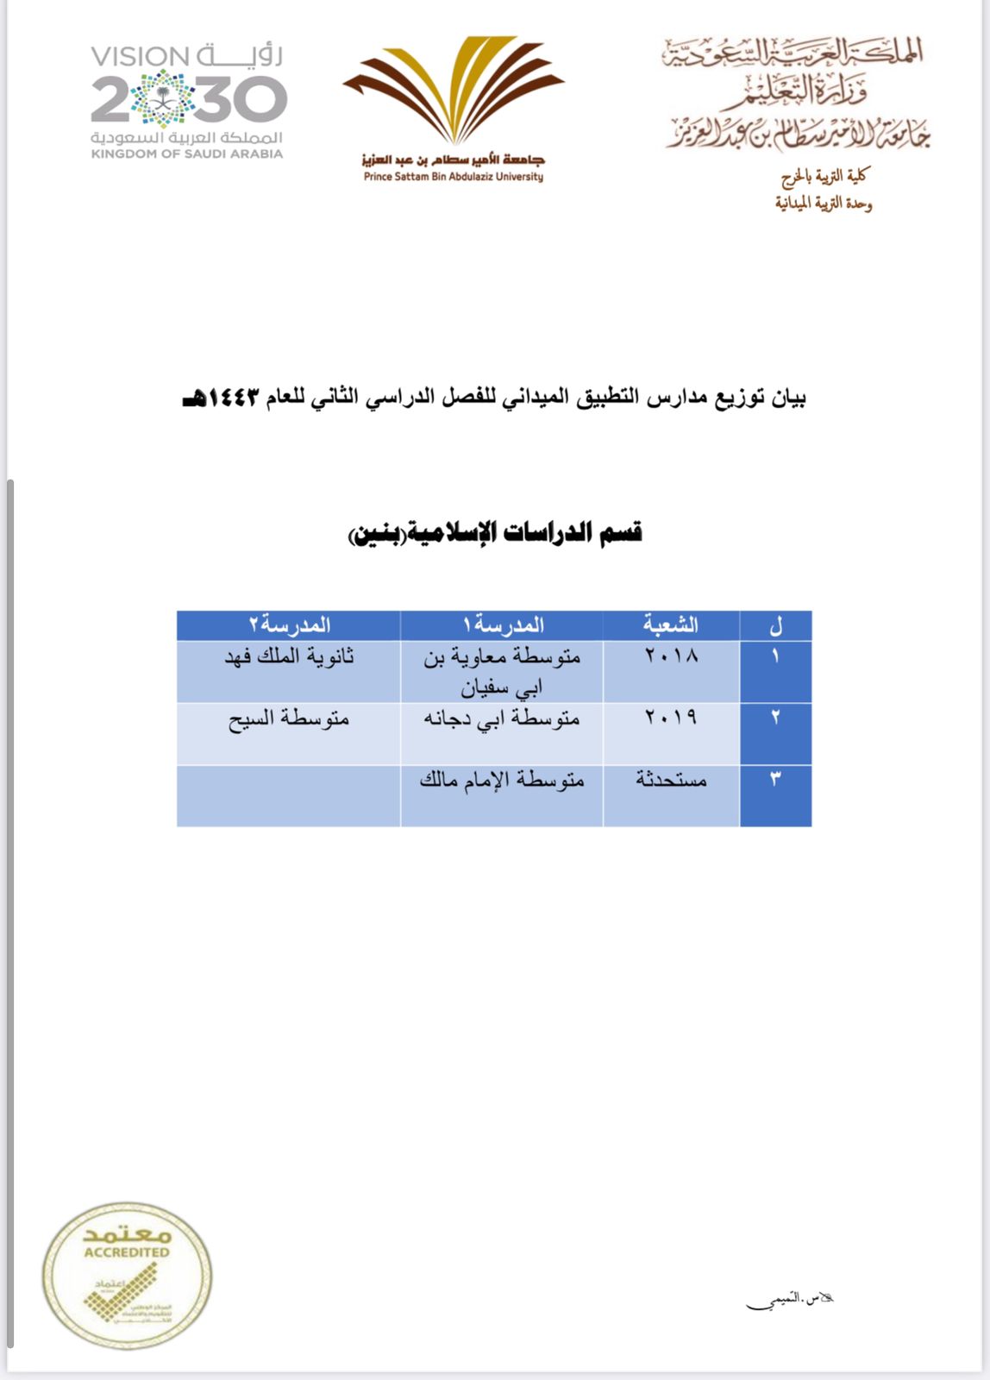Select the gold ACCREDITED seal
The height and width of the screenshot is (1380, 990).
[127, 1275]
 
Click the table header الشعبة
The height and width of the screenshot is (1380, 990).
[670, 624]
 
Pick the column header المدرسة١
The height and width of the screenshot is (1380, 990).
[502, 624]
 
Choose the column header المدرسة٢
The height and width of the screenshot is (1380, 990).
[289, 624]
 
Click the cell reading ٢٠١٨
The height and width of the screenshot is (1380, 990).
[671, 656]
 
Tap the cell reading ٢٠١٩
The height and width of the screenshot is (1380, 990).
[671, 718]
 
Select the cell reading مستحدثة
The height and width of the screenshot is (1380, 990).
[671, 780]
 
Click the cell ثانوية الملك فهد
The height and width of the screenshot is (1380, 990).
[289, 657]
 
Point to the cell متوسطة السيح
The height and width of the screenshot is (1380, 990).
[289, 718]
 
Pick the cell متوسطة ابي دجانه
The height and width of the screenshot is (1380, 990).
[502, 718]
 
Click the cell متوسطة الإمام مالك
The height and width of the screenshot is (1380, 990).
[502, 781]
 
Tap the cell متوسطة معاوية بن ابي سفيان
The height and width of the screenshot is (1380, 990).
[502, 671]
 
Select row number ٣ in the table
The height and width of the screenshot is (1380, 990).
[775, 780]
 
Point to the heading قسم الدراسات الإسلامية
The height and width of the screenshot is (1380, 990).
[495, 533]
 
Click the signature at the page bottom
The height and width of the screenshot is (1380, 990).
[789, 1300]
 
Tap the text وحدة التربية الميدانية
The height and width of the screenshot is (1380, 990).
[823, 204]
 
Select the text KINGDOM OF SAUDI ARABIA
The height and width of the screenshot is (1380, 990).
[187, 154]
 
